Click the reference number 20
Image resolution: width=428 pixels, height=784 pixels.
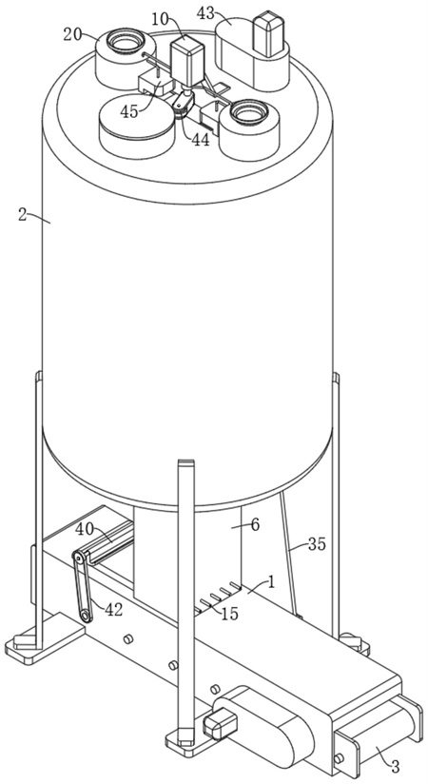[x=74, y=35]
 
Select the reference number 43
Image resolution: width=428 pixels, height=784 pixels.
[x=206, y=13]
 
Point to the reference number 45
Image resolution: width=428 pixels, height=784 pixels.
[x=129, y=111]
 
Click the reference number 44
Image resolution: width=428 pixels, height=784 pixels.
[x=200, y=141]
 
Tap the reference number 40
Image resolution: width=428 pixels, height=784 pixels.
[x=85, y=529]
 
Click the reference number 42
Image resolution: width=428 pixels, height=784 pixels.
[x=114, y=609]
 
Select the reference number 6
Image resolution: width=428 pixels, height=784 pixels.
[x=255, y=525]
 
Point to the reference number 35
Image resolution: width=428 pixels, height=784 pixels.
[x=317, y=543]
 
